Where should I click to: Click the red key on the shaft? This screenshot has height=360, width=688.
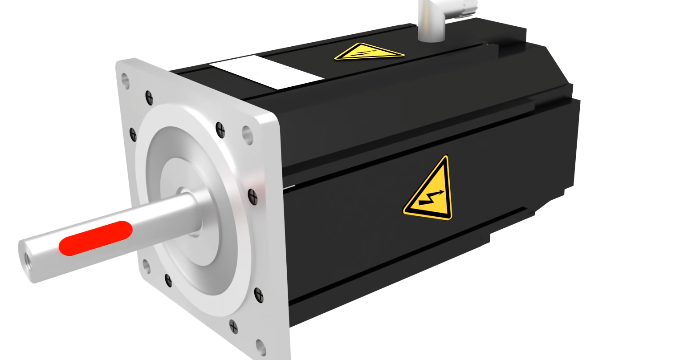96,238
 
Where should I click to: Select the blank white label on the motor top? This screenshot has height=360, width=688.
266,72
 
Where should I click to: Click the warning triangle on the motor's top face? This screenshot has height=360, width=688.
369,52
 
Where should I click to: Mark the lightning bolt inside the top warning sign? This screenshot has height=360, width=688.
366,53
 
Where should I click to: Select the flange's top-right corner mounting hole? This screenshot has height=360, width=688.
247,132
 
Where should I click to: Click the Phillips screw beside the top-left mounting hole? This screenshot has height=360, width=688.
149,97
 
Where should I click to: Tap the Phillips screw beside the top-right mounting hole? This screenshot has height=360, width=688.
220,130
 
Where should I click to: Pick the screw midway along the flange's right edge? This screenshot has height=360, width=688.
252,194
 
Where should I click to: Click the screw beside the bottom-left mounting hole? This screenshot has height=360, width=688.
168,280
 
